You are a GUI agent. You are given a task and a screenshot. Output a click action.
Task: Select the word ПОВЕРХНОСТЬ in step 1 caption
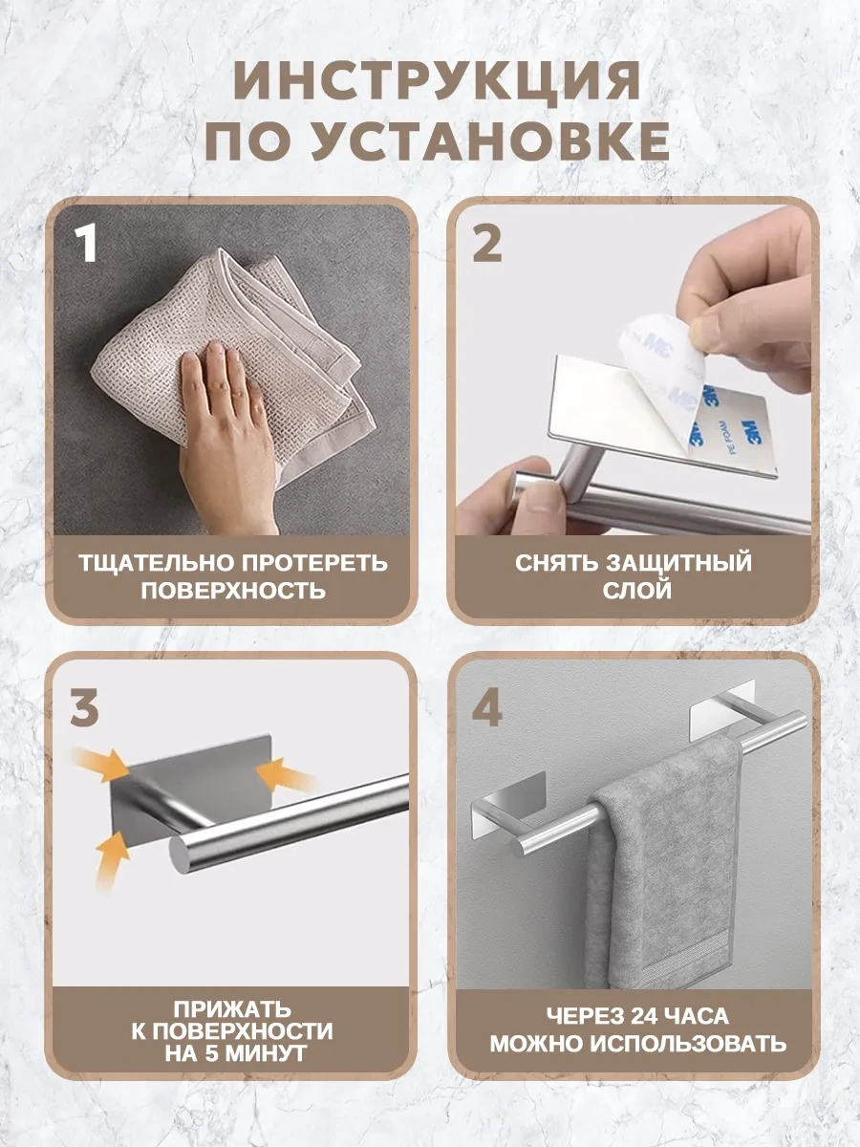[233, 590]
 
